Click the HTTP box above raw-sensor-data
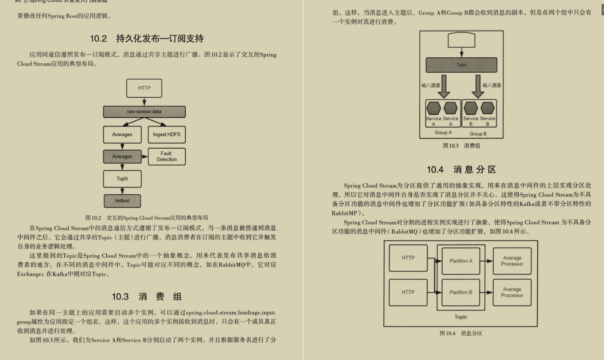(144, 88)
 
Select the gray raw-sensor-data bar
(144, 112)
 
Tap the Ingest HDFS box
(166, 135)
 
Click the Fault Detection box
(166, 156)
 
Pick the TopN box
(122, 179)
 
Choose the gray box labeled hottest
(122, 201)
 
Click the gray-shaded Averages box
(122, 156)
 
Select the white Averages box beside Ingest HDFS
(122, 135)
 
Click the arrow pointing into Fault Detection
(145, 156)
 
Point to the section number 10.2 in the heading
(98, 39)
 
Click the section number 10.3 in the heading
(120, 297)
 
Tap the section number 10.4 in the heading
(435, 170)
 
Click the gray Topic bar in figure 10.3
(461, 65)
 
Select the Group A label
(443, 133)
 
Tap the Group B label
(478, 134)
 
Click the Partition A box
(461, 261)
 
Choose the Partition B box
(461, 292)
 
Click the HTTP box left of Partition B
(408, 292)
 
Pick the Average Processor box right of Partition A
(512, 261)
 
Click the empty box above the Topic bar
(461, 40)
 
